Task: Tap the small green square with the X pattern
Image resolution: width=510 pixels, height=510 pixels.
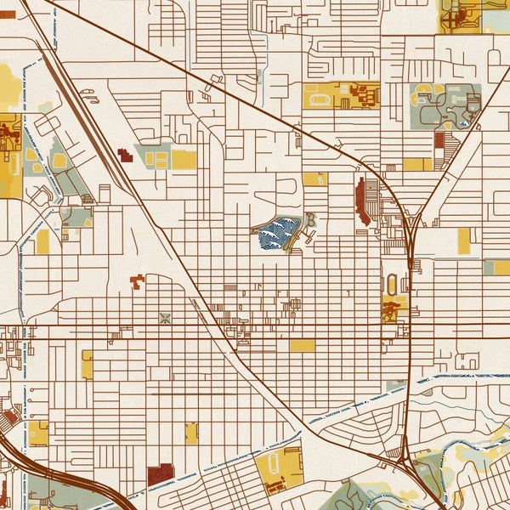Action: [165, 319]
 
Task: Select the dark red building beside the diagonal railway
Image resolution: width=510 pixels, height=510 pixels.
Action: [125, 156]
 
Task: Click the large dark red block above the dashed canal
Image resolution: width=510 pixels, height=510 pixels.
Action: [160, 474]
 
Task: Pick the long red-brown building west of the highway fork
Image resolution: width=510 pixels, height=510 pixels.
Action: [364, 201]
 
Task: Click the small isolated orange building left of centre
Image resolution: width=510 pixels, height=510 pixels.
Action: [137, 281]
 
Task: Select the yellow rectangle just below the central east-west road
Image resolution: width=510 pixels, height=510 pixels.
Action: [301, 346]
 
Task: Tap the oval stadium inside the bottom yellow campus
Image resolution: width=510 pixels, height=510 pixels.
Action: [275, 464]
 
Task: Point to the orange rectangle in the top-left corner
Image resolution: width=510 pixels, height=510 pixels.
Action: [7, 14]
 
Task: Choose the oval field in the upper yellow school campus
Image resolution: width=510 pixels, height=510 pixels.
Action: [320, 99]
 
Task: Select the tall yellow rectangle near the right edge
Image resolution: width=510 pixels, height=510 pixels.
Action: [463, 241]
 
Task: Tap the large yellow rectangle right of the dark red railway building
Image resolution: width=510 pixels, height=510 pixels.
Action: [184, 160]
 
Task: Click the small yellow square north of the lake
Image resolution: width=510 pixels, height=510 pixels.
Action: [314, 179]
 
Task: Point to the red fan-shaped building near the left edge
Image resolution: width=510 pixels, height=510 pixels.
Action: [9, 417]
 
